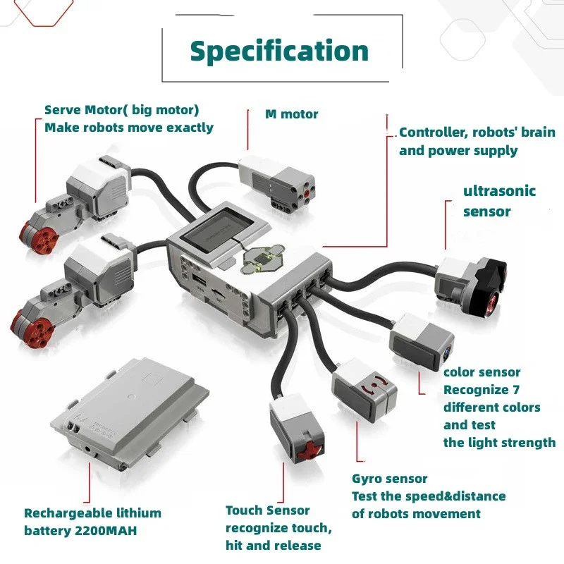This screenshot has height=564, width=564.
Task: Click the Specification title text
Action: pos(279,51)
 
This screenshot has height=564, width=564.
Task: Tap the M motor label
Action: pos(291,114)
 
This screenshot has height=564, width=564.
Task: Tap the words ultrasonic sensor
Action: pos(499,201)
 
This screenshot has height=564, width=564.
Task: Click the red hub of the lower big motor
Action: pos(26,325)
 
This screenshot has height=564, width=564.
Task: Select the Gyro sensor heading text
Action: pos(389,479)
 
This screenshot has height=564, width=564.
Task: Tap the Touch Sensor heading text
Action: pos(267,510)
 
